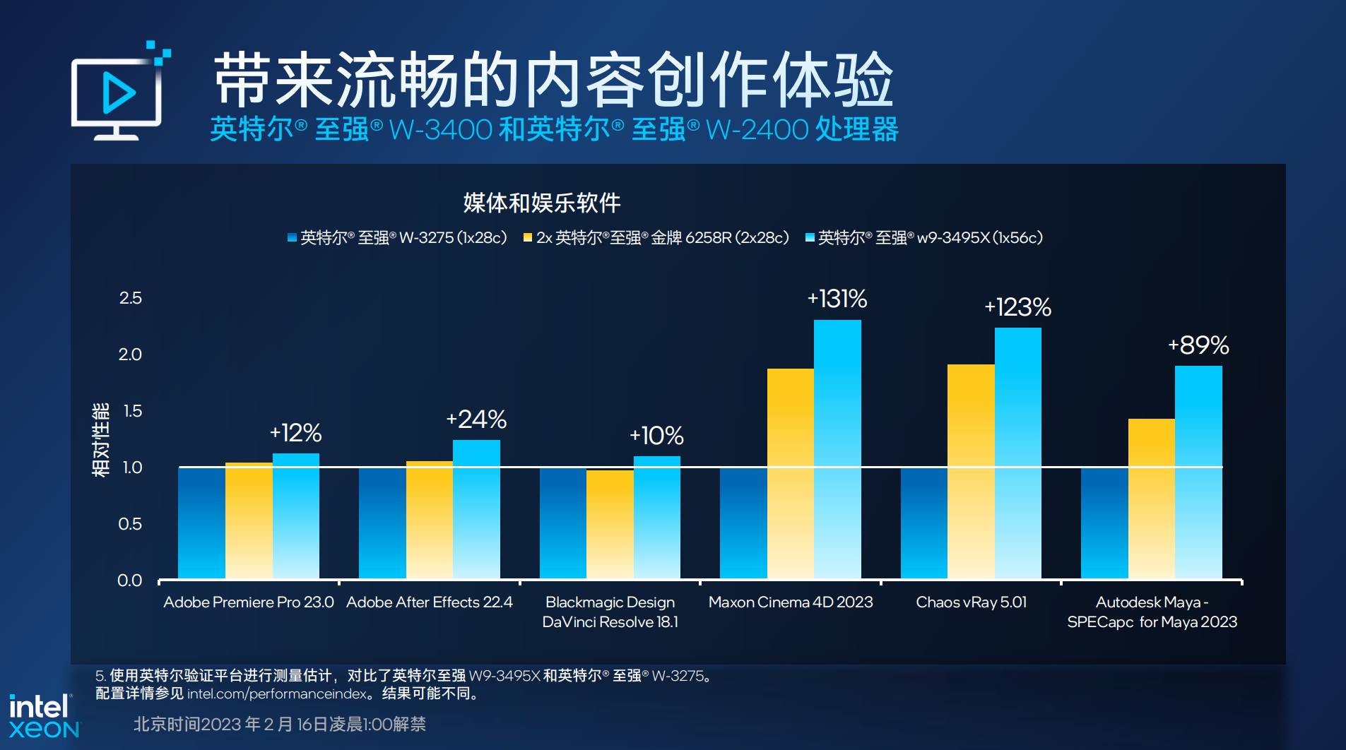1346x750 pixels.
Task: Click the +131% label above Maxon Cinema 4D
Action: point(837,299)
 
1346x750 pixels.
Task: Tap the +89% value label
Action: point(1198,345)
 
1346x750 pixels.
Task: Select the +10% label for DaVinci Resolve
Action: point(656,436)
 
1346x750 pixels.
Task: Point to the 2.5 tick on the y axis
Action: point(131,298)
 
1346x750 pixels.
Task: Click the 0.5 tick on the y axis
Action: point(130,524)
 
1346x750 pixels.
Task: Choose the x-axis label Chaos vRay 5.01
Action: point(971,602)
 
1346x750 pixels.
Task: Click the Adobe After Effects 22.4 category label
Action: point(429,602)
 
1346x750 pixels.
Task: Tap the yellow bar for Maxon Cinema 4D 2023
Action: point(790,473)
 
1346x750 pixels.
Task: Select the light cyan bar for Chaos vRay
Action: point(1017,452)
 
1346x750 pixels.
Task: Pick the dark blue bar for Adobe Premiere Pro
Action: point(201,523)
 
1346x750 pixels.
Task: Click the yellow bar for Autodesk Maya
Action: point(1151,498)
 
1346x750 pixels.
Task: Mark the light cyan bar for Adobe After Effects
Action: point(476,508)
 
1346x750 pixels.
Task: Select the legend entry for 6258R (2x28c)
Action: point(656,238)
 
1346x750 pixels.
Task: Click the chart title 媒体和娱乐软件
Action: point(542,203)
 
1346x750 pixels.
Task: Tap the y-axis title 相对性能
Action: point(101,439)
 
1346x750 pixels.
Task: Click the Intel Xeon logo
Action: point(44,716)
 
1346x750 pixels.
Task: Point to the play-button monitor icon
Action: point(119,91)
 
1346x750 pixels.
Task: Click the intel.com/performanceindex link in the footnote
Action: point(277,694)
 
